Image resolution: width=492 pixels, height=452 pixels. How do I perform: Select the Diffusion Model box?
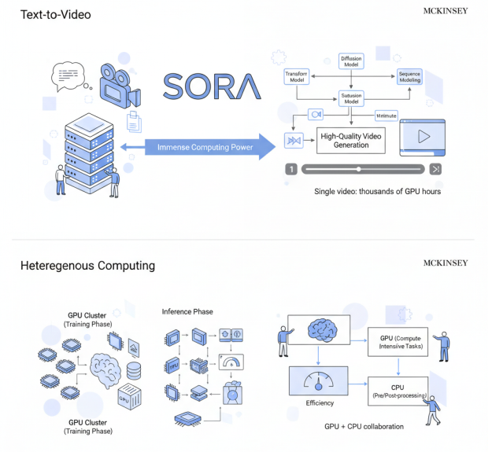click(x=350, y=62)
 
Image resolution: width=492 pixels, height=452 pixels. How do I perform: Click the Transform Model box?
click(x=296, y=77)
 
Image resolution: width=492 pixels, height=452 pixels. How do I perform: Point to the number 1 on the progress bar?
click(x=290, y=169)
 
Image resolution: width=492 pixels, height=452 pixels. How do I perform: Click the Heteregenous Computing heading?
click(x=87, y=266)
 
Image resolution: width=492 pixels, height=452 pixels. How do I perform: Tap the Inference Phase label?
click(x=187, y=311)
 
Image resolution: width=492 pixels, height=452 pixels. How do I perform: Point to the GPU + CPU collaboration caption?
click(x=364, y=427)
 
